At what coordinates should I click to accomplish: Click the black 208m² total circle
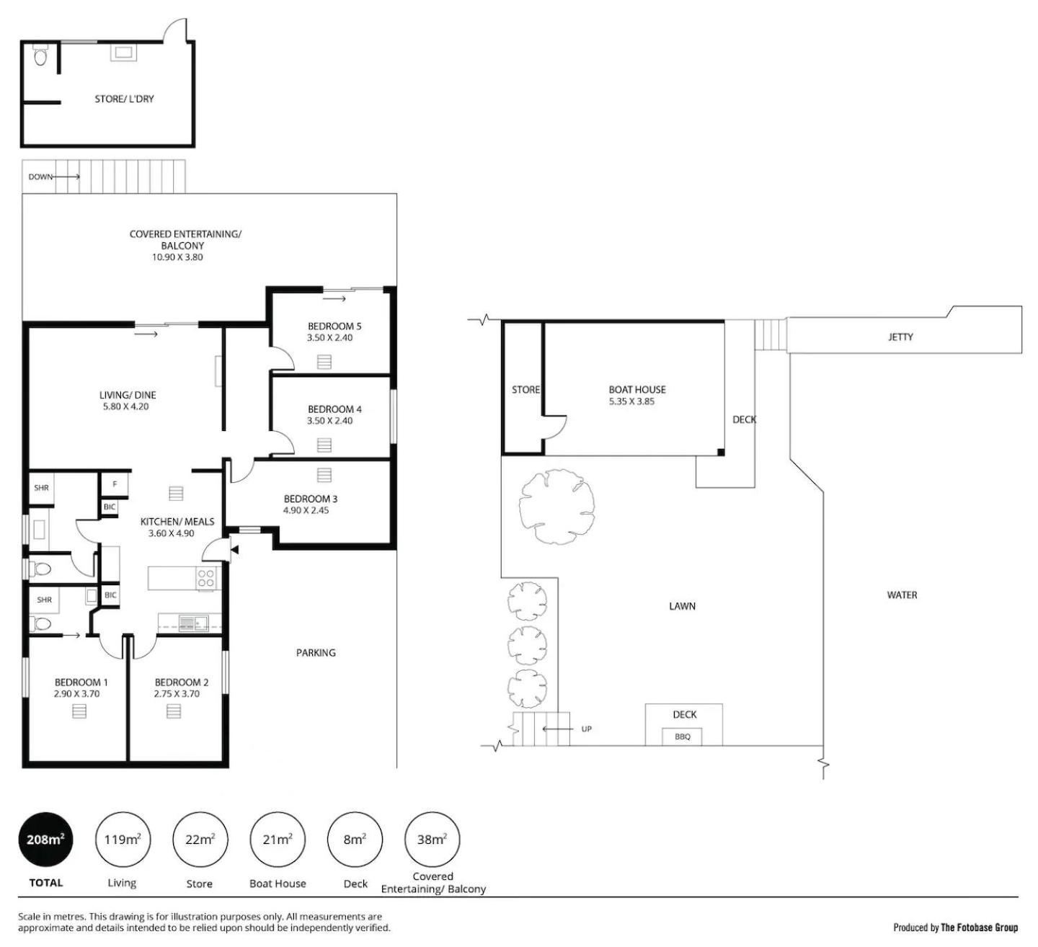coord(45,840)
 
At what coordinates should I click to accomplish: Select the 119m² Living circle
coord(123,840)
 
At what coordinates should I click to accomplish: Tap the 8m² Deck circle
coord(355,840)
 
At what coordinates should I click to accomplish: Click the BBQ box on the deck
coord(683,737)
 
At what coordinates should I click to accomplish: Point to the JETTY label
coord(900,337)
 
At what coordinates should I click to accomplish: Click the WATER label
coord(902,595)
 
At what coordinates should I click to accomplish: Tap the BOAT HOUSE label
coord(637,390)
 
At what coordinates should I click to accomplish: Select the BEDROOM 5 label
coord(334,326)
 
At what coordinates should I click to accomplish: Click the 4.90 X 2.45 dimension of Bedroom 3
coord(306,510)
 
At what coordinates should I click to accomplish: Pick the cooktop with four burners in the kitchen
coord(206,578)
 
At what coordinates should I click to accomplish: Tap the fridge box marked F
coord(115,484)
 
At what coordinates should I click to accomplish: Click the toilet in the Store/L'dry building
coord(40,55)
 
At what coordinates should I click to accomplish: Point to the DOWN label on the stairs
coord(40,177)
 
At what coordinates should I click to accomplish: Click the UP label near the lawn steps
coord(586,729)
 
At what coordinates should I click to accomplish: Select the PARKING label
coord(316,653)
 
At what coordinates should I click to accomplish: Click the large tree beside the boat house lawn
coord(556,507)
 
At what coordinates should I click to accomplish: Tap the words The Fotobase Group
coord(979,928)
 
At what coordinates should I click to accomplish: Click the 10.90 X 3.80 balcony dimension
coord(177,257)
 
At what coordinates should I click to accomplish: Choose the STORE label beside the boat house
coord(525,390)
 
